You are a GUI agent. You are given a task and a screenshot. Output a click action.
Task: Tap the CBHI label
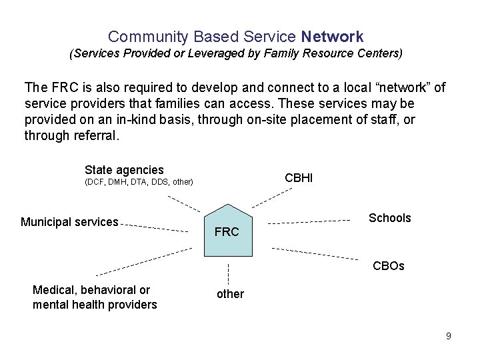point(299,177)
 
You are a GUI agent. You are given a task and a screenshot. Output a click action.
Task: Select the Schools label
point(390,218)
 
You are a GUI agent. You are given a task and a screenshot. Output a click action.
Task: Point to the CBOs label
point(389,266)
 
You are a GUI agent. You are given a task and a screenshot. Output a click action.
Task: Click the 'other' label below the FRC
point(230,294)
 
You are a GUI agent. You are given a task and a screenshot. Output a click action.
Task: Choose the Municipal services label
point(69,222)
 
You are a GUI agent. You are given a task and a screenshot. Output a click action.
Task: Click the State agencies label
point(124,170)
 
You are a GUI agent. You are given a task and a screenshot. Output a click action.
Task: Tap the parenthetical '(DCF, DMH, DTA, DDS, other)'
point(139,182)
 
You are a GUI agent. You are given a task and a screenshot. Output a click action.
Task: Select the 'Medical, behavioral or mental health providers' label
point(95,297)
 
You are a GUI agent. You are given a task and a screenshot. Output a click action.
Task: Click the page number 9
point(449,336)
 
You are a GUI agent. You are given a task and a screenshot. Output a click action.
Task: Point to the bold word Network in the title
point(332,37)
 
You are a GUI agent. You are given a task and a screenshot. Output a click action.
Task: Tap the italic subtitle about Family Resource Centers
point(236,52)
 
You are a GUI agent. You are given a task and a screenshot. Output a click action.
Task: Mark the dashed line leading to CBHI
point(271,197)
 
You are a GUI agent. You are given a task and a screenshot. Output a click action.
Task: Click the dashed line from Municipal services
point(155,228)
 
